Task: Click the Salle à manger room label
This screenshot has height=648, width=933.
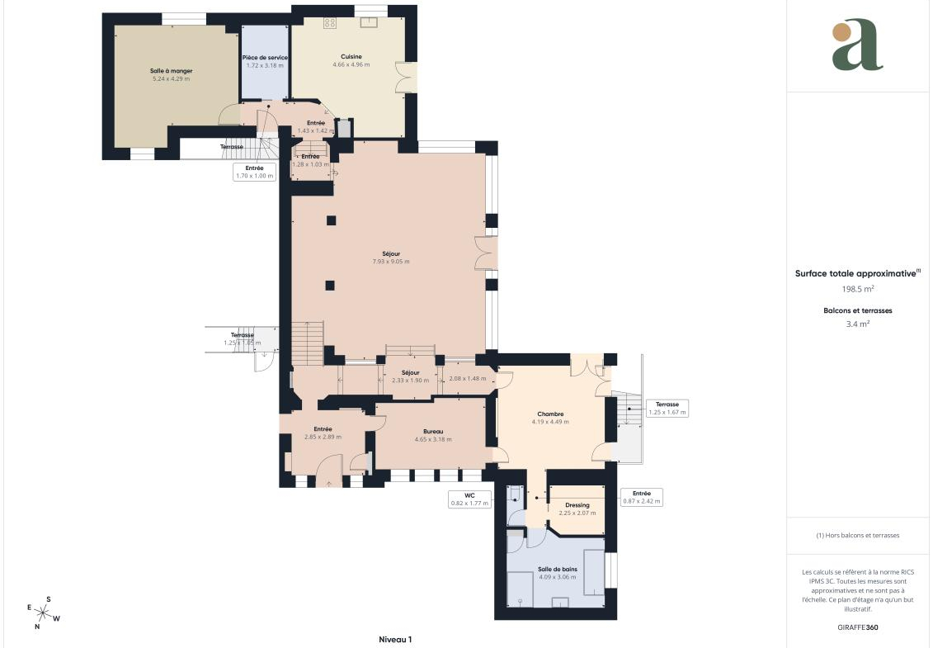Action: tap(172, 71)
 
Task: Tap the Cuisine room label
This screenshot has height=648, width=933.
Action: tap(351, 57)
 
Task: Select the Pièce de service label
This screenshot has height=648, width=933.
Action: tap(265, 58)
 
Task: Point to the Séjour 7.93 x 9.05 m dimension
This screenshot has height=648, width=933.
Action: tap(391, 262)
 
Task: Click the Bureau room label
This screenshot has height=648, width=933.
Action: tap(433, 432)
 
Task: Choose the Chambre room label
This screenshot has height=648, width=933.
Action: tap(550, 414)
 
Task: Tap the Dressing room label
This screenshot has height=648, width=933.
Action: tap(577, 505)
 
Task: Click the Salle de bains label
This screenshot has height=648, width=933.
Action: tap(558, 570)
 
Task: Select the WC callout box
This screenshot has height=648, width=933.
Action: tap(469, 499)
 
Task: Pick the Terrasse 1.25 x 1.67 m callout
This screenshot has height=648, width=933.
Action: tap(667, 408)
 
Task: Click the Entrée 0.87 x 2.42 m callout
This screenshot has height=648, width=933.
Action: tap(642, 497)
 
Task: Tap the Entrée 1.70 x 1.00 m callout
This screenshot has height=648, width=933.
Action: tap(255, 173)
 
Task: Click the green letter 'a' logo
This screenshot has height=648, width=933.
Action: tap(857, 45)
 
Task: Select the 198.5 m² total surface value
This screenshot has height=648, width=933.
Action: tap(857, 289)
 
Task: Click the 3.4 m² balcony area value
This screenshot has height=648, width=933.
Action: tap(857, 324)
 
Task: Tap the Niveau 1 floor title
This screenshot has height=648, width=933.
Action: tap(395, 640)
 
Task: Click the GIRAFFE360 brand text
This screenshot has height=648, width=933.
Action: tap(857, 627)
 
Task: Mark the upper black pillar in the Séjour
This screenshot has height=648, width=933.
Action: tap(331, 220)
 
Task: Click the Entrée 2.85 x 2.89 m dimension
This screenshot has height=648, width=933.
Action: tap(323, 438)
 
